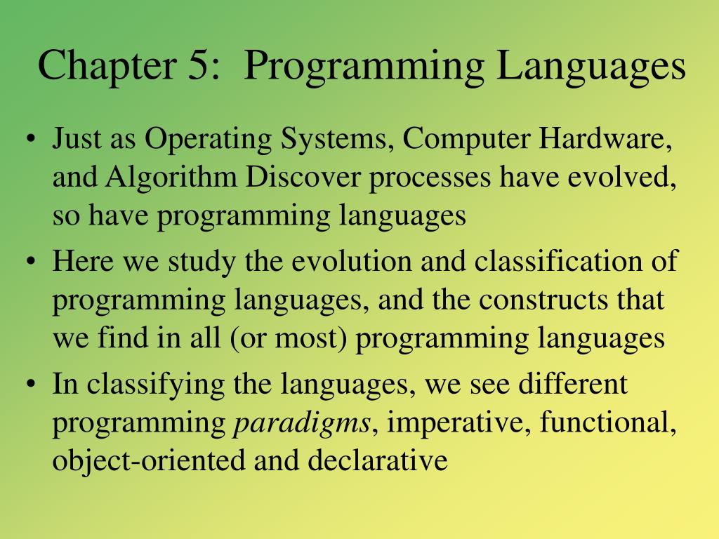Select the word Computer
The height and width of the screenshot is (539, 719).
466,140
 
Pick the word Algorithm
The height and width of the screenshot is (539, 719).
172,178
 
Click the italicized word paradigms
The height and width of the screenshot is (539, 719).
303,424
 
